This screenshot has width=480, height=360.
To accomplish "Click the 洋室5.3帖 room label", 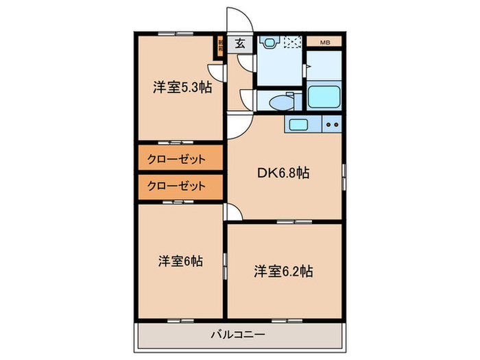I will click(181, 87).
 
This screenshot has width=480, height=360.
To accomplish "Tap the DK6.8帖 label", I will click(283, 173).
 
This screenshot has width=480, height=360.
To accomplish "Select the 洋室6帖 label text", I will click(181, 261).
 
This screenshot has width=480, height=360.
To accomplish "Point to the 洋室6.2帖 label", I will click(283, 271).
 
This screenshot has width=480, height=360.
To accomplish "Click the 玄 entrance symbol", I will click(240, 43).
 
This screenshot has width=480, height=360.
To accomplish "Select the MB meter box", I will click(324, 43).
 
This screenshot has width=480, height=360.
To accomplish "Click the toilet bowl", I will click(281, 103).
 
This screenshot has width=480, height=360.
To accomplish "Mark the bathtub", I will click(324, 96).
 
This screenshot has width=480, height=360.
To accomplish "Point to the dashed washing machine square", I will click(292, 43).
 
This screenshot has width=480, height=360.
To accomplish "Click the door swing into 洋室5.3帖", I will click(218, 71).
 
